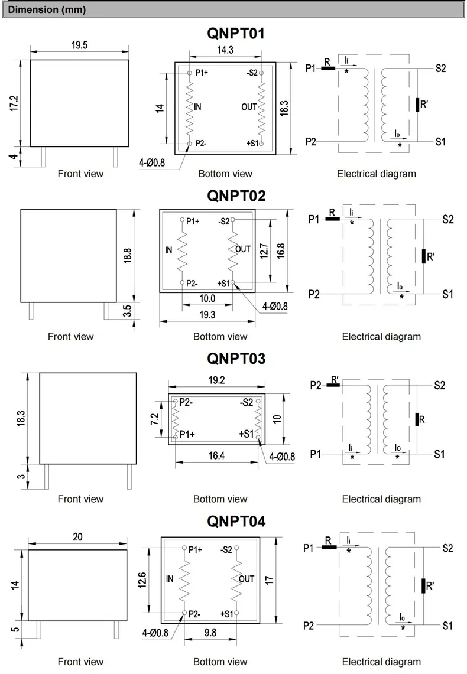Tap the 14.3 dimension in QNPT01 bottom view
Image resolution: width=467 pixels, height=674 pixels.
[225, 50]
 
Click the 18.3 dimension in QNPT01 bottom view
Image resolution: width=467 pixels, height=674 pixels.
[284, 108]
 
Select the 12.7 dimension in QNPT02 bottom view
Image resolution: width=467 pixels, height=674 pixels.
[264, 250]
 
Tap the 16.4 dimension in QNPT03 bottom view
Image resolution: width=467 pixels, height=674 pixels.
[216, 455]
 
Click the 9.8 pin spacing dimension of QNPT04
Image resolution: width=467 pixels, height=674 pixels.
[210, 633]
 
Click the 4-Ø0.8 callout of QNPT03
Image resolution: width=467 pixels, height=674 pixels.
[281, 456]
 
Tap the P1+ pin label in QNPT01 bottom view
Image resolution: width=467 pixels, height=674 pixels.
[202, 73]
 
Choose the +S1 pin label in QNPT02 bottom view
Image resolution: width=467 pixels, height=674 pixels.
[223, 284]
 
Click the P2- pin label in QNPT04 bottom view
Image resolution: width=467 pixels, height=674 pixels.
[197, 614]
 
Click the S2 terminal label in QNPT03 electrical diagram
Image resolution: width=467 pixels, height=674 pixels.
[439, 385]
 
